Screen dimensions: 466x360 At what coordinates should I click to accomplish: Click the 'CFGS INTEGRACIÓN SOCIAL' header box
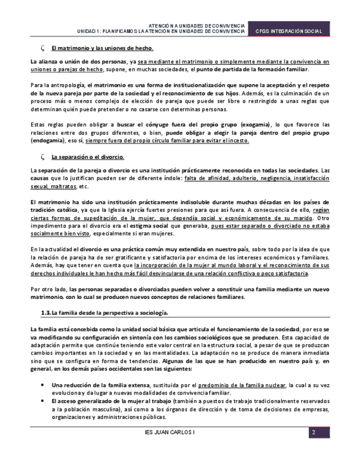pyautogui.click(x=289, y=31)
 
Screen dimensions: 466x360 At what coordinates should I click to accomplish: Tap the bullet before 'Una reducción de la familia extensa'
pyautogui.click(x=43, y=385)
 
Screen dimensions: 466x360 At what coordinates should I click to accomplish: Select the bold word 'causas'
pyautogui.click(x=40, y=179)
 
